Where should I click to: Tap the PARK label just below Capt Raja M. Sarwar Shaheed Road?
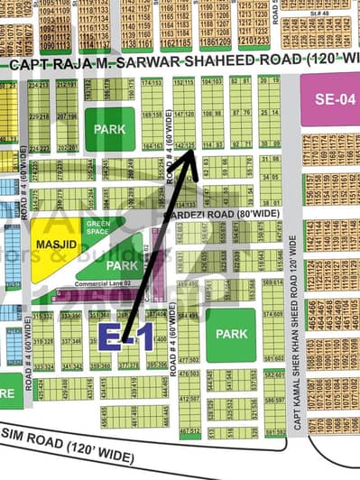click(x=110, y=129)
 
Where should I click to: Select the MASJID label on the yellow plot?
click(x=52, y=245)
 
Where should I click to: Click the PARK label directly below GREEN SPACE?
click(x=121, y=266)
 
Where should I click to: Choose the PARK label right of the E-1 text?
click(x=231, y=334)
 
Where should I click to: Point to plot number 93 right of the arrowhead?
click(x=217, y=145)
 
